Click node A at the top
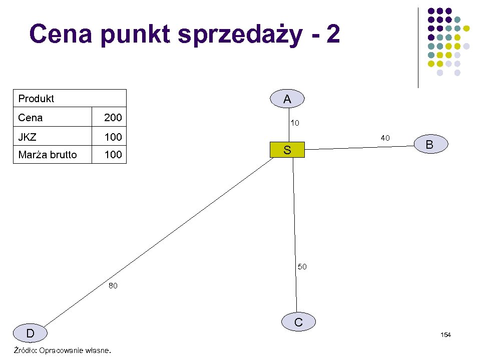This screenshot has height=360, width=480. pos(287,99)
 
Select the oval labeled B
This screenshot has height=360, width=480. pos(429,145)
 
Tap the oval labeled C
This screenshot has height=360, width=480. pos(298,322)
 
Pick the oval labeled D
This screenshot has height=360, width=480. pos(31,333)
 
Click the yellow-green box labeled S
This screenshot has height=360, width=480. pos(287,150)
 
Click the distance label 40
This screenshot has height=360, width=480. pos(385,138)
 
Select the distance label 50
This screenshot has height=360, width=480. pos(302,267)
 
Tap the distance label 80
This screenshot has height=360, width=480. pos(113,286)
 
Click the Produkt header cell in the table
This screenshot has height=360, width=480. pos(36,99)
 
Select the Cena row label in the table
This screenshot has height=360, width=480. pos(31,118)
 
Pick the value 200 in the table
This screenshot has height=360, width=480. pos(113,118)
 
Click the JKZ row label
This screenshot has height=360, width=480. pos(28,137)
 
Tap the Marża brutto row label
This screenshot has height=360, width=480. pos(48,155)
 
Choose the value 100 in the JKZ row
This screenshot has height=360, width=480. pos(113,137)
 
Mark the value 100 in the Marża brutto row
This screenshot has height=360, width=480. pos(113,155)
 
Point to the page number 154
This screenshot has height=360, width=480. pos(445,334)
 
